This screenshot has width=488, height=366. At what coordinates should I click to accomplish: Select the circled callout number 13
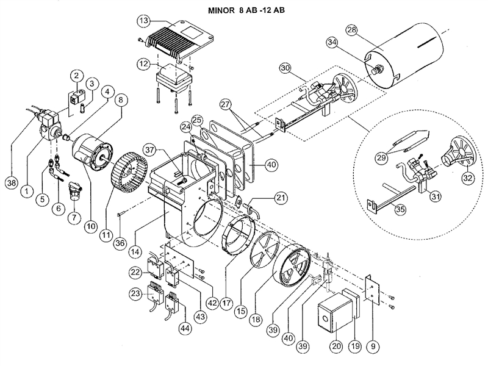[144, 20]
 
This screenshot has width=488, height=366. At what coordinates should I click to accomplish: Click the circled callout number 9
[372, 346]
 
